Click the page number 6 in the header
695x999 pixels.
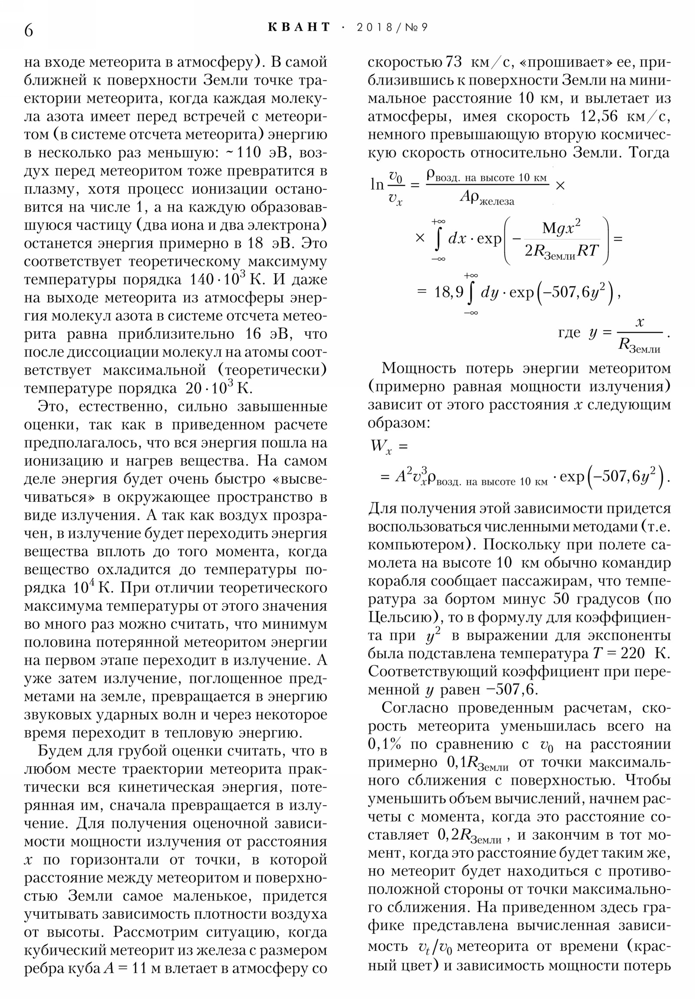pyautogui.click(x=28, y=30)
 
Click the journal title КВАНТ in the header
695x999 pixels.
pyautogui.click(x=299, y=27)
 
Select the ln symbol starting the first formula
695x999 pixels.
pyautogui.click(x=377, y=185)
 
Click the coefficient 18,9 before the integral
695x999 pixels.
pyautogui.click(x=449, y=292)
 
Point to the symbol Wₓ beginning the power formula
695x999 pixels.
pyautogui.click(x=381, y=446)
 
